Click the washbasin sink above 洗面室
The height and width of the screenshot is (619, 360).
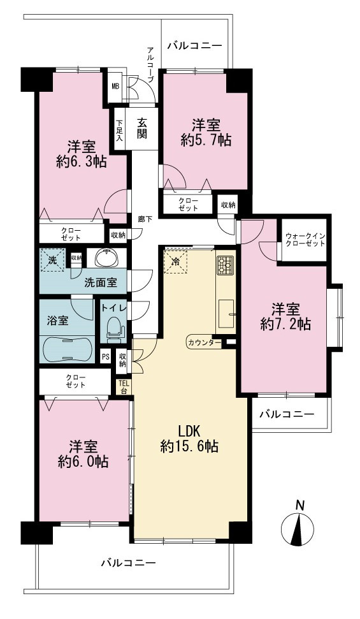click(106, 258)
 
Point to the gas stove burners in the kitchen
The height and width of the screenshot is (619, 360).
click(226, 265)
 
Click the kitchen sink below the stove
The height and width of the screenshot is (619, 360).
click(226, 314)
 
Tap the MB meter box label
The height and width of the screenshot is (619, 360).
click(115, 85)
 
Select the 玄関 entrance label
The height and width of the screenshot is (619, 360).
click(142, 129)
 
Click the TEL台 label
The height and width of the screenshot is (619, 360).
click(124, 386)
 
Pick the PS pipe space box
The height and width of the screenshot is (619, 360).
click(105, 357)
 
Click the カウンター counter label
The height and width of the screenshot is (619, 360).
click(205, 342)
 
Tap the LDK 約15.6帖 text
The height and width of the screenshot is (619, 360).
click(190, 439)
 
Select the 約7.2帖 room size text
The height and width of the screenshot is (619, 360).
click(285, 324)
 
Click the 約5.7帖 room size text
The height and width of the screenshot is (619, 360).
click(206, 140)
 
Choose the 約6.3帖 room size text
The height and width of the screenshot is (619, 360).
click(82, 161)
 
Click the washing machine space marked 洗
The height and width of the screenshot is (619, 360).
click(52, 260)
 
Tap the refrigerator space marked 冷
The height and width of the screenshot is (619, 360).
click(176, 261)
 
